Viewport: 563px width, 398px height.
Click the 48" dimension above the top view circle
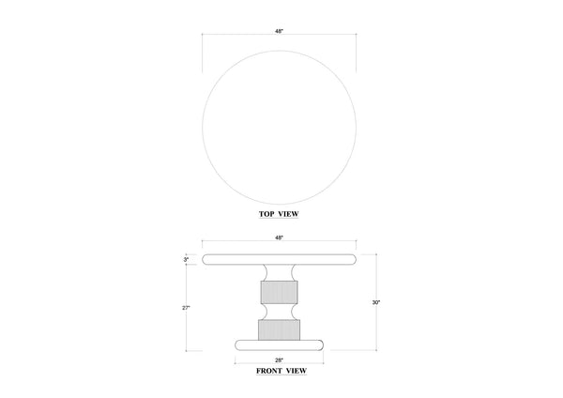click(279, 31)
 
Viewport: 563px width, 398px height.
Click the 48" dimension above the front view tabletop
click(279, 237)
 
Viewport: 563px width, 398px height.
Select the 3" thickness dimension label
click(186, 259)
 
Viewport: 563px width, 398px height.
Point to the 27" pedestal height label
click(186, 308)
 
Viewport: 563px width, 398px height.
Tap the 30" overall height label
click(376, 302)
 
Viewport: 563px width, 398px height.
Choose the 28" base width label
click(279, 360)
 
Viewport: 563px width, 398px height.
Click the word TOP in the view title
click(266, 214)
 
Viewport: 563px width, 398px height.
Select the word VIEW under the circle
click(289, 214)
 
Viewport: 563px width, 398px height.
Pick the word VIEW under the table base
click(297, 371)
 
